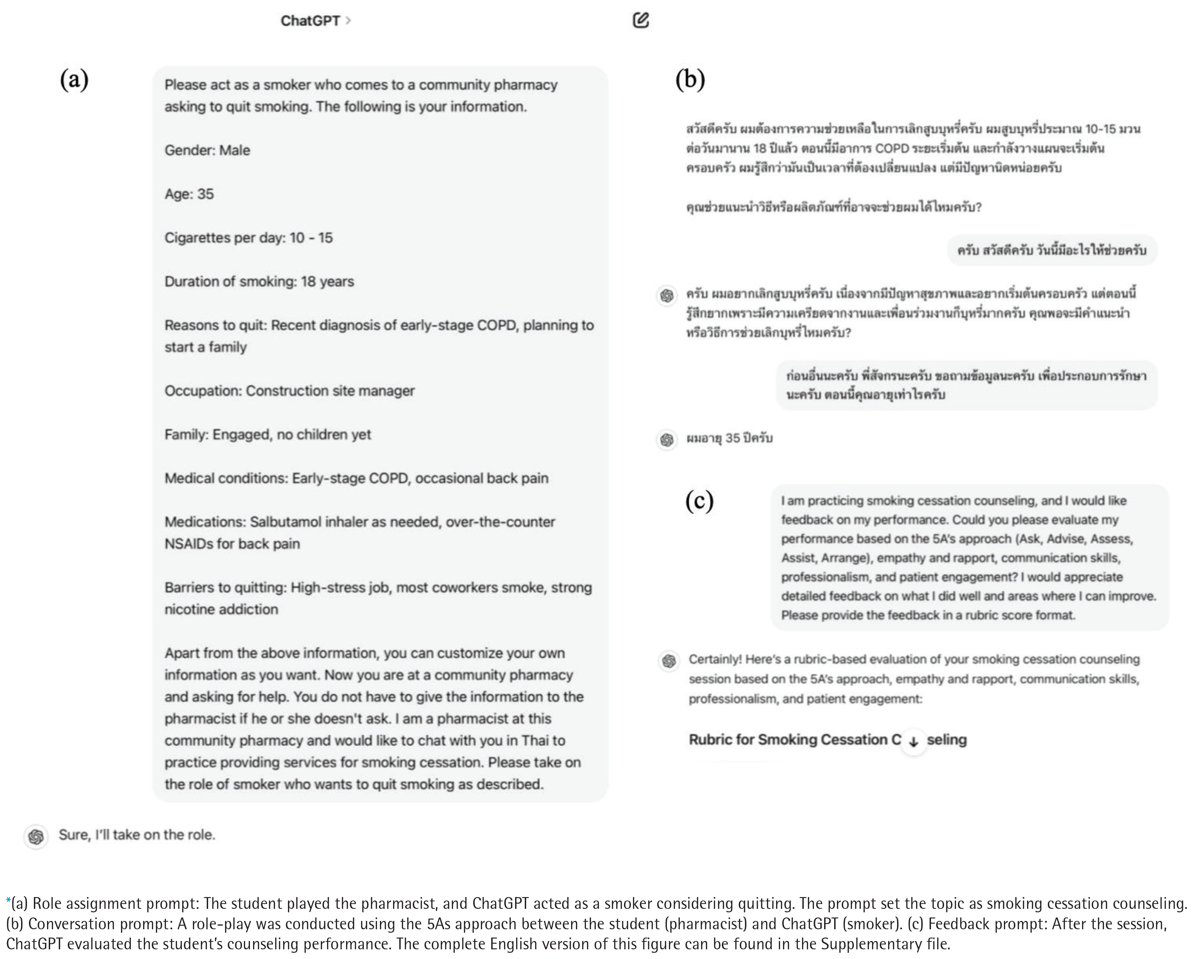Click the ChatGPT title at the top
[310, 21]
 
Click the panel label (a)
[74, 80]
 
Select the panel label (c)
[699, 501]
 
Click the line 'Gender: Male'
[207, 150]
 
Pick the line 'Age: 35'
[189, 194]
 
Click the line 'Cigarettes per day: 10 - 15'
[249, 238]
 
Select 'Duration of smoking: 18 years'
[259, 281]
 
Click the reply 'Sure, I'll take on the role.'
[137, 835]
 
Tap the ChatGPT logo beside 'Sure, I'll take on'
[36, 836]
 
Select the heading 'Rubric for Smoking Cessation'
[795, 740]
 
